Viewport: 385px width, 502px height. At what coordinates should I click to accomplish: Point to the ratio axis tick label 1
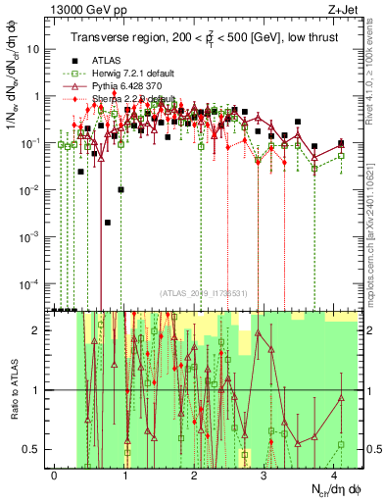[x=42, y=390]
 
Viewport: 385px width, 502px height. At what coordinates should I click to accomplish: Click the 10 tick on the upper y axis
[x=38, y=48]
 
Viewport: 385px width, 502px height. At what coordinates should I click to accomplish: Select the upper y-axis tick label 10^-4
[x=34, y=284]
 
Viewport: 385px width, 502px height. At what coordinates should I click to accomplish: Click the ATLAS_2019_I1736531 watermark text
[x=203, y=293]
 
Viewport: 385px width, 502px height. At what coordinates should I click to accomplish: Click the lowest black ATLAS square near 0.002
[x=107, y=223]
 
